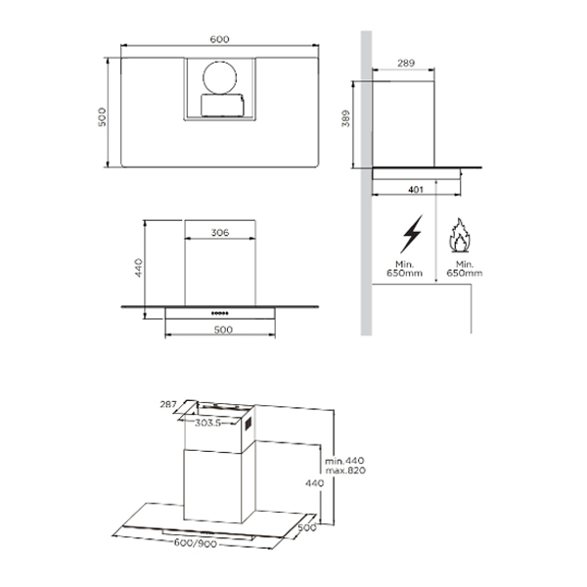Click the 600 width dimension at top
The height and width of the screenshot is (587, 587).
219,39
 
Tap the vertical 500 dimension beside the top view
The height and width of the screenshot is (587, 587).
102,116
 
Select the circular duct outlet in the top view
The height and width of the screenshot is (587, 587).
220,78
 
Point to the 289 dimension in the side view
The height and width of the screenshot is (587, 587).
406,63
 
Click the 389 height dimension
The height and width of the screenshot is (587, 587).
346,118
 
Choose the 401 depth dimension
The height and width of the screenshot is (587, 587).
416,190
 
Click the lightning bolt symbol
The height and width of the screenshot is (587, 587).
412,234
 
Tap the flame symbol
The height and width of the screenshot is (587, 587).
459,235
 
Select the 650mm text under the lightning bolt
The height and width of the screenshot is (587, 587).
404,273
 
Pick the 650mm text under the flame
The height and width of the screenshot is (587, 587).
464,273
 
